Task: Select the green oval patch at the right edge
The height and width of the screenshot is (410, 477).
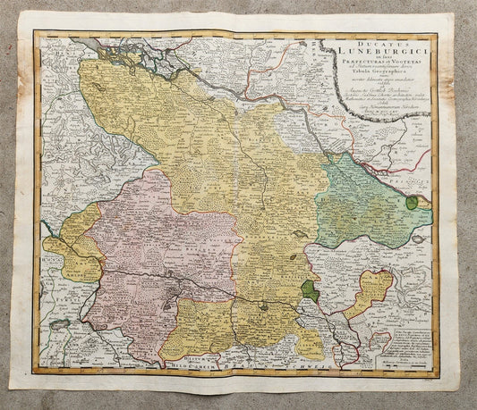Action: pyautogui.click(x=411, y=203)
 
